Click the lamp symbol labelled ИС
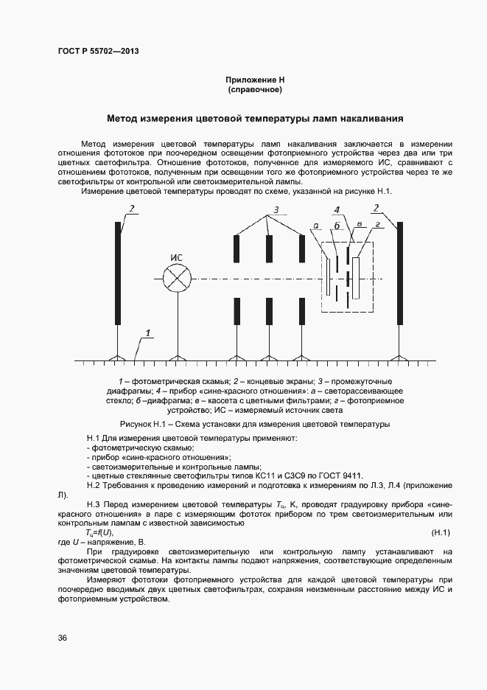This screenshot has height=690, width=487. pos(176,279)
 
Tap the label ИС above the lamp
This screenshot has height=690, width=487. pos(176,257)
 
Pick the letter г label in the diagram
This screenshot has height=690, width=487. pos(377,223)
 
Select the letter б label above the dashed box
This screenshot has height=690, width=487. pos(337,225)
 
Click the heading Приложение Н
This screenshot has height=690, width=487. pos(255,79)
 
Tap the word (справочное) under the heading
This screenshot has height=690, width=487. pos(255,89)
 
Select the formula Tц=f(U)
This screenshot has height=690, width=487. pos(99,532)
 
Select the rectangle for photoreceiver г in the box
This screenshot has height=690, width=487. pos(357,279)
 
